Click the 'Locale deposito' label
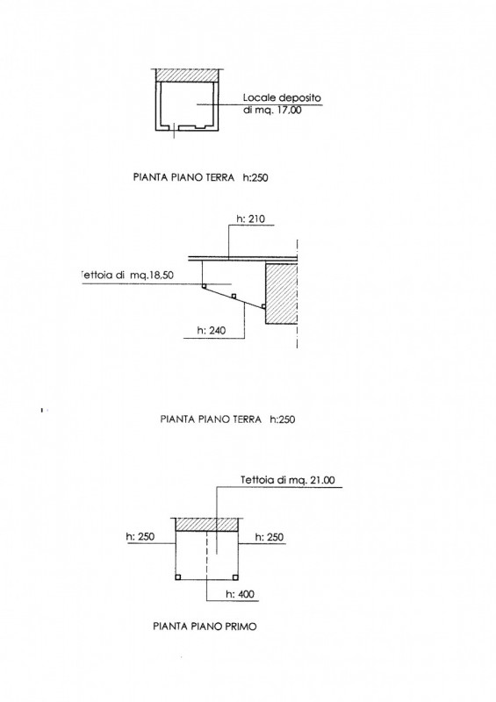[282, 97]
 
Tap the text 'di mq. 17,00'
[272, 110]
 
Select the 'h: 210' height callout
[250, 218]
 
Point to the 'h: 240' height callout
[212, 331]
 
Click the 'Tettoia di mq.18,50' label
[127, 276]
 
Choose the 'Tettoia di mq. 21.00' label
[288, 480]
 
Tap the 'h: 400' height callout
[240, 594]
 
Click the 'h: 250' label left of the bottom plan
[140, 536]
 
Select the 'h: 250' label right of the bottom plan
[270, 537]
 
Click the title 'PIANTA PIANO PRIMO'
[205, 626]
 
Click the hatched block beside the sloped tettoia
[282, 293]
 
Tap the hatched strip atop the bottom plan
[206, 524]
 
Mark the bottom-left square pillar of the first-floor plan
[178, 577]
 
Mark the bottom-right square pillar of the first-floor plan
[234, 577]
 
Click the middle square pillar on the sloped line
[234, 296]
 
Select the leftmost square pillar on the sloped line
[204, 286]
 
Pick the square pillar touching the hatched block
[263, 306]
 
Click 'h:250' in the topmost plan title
[255, 178]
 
